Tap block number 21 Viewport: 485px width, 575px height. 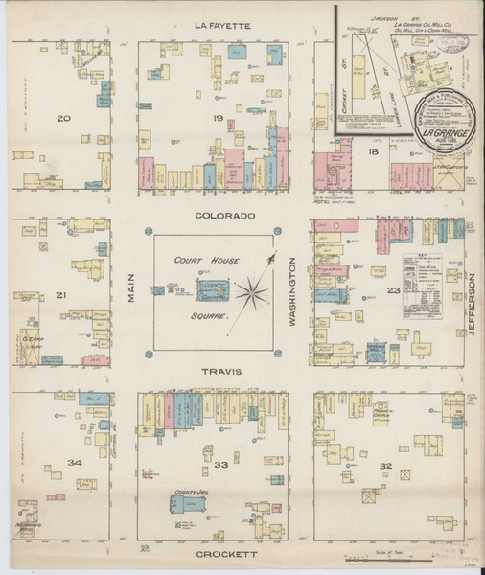pos(62,294)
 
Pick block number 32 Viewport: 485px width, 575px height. pos(385,466)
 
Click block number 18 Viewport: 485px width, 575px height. pos(373,151)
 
